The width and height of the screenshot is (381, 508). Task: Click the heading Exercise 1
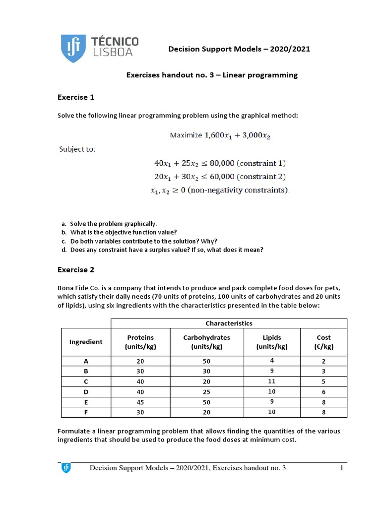76,97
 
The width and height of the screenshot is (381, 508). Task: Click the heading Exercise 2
76,270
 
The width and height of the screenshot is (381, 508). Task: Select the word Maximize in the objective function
186,135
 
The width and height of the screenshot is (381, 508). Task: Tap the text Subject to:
77,149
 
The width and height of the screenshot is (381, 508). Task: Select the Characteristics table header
229,323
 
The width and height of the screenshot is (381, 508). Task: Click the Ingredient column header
86,341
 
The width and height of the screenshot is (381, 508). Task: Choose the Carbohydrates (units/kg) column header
206,342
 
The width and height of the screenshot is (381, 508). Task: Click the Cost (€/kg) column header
323,342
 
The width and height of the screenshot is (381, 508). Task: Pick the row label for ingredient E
86,403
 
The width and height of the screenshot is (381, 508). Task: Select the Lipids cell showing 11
272,381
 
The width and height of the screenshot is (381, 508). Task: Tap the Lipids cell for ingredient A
272,361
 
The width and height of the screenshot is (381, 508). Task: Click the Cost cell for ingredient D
323,392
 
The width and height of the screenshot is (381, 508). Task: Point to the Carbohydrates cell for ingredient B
206,371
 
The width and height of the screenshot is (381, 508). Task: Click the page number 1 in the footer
342,468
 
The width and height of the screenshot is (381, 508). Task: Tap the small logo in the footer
66,468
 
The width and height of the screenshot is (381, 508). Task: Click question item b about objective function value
119,232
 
